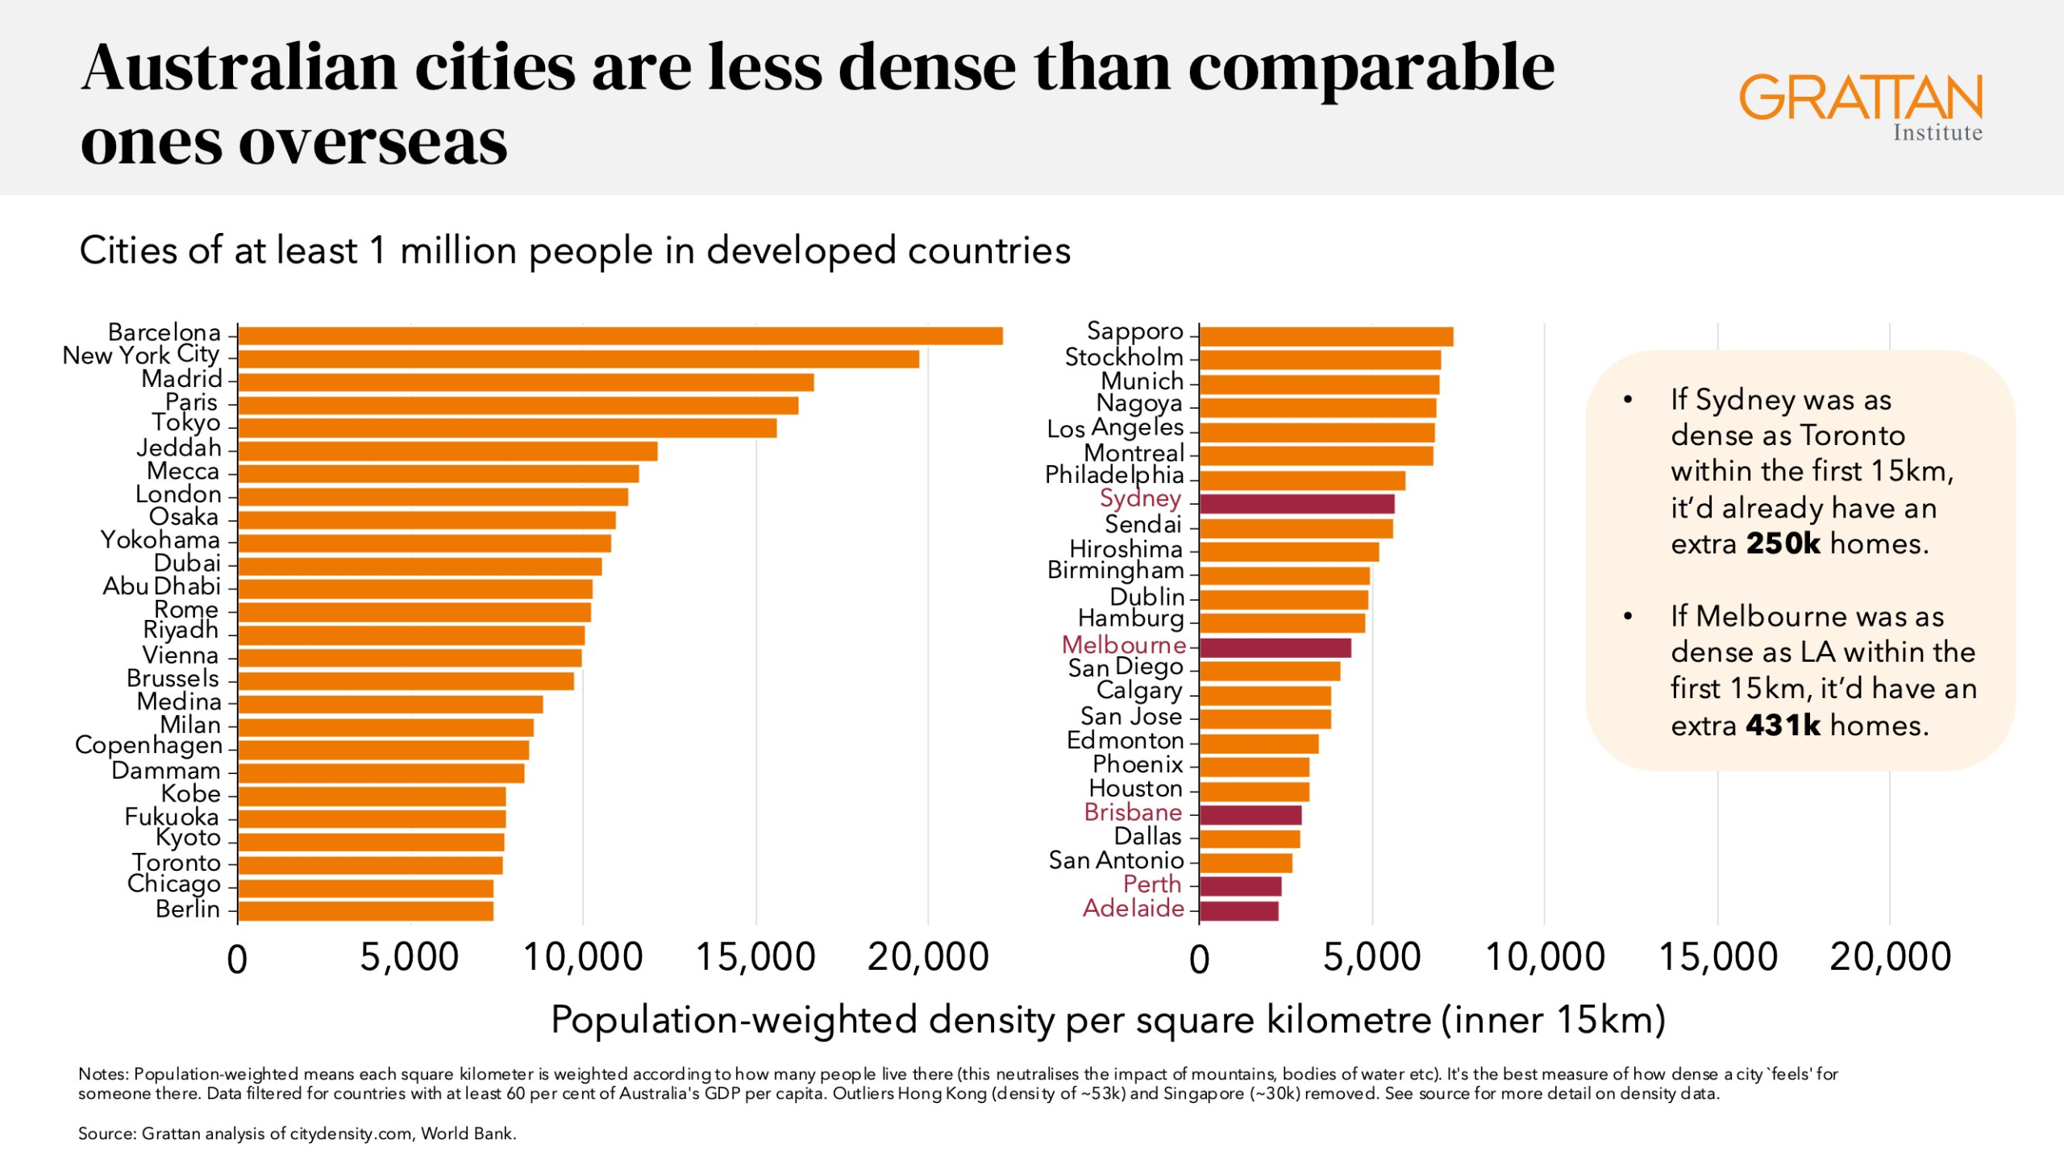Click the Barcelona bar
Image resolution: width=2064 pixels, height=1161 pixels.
tap(620, 336)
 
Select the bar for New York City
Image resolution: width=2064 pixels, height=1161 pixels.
tap(578, 359)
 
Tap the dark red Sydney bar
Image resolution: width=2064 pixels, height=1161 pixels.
tap(1296, 504)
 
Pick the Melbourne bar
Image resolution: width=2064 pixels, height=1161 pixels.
tap(1275, 647)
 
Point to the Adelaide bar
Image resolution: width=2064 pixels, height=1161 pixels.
tap(1238, 911)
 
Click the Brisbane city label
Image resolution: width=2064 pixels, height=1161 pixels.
tap(1133, 812)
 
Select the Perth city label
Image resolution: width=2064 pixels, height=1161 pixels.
tap(1152, 884)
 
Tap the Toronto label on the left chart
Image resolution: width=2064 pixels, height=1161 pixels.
tap(177, 863)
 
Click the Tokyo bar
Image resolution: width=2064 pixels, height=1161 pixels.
tap(507, 427)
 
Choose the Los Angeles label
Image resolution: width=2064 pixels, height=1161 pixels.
tap(1115, 428)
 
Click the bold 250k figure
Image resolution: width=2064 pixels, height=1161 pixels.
tap(1783, 544)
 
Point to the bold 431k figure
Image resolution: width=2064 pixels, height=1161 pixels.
tap(1783, 726)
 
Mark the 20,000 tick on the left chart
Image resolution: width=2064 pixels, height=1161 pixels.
tap(928, 958)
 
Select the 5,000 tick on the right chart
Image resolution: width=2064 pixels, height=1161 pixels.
tap(1371, 958)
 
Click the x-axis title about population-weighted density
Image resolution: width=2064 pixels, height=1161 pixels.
tap(1108, 1020)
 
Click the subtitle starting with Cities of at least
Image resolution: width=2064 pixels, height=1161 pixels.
tap(575, 251)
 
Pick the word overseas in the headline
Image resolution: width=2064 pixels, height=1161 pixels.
tap(373, 143)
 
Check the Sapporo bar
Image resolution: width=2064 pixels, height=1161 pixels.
tap(1326, 337)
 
